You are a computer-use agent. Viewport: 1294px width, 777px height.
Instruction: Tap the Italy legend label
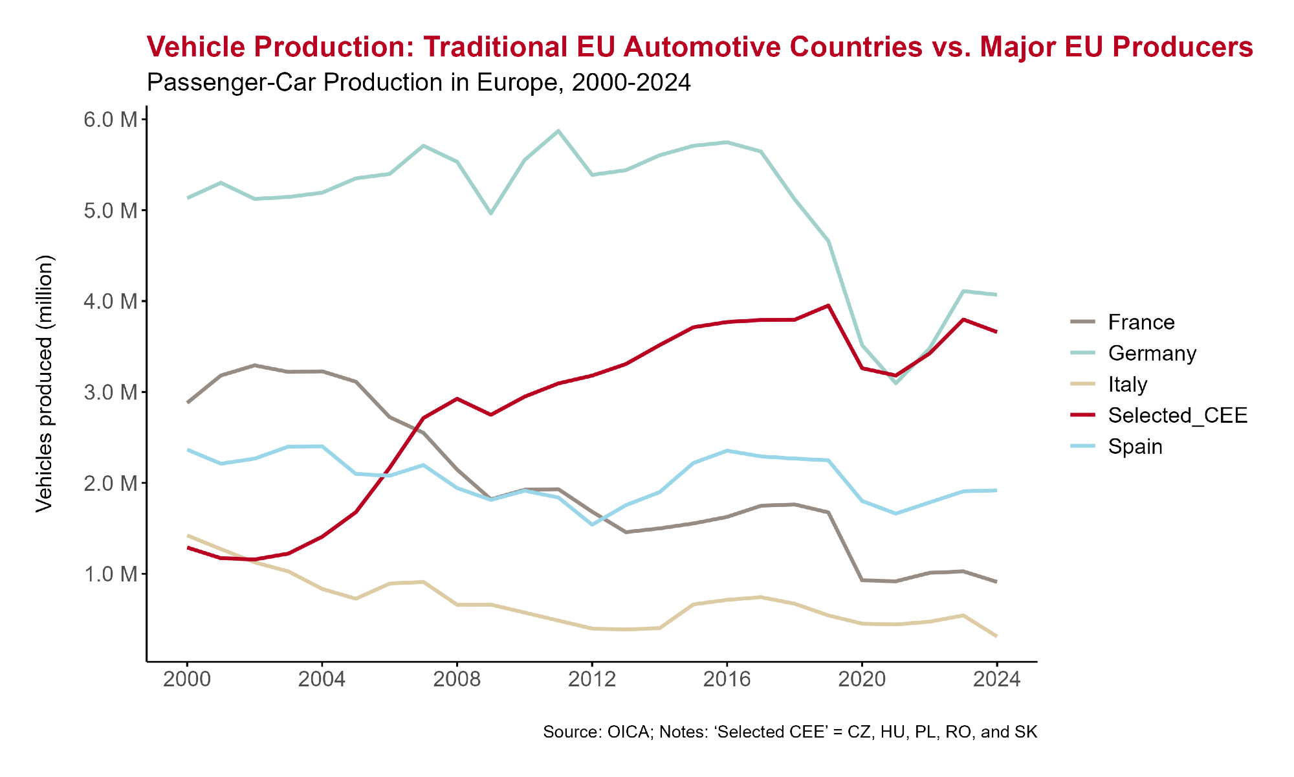coord(1128,385)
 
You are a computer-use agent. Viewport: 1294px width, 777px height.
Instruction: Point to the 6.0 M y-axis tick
coord(111,119)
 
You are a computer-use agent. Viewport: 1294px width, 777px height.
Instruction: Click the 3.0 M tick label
coord(111,392)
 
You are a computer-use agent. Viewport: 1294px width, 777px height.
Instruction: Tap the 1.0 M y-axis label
coord(111,574)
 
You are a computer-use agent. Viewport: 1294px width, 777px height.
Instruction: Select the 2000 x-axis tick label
coord(187,679)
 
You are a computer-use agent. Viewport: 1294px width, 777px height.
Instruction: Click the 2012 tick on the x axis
coord(591,679)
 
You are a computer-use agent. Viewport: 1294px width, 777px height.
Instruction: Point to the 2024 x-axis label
coord(996,679)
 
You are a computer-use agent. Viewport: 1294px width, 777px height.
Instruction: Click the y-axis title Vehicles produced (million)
coord(44,384)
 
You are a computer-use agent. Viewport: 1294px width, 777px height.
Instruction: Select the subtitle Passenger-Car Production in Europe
coord(419,83)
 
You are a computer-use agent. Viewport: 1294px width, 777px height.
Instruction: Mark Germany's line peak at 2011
coord(558,131)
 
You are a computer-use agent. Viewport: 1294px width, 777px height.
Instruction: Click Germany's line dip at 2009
coord(490,213)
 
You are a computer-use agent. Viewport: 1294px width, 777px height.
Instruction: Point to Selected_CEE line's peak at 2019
coord(828,306)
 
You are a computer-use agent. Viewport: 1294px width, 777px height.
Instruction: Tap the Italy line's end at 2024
coord(996,636)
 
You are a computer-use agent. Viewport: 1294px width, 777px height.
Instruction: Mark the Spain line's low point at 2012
coord(591,524)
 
